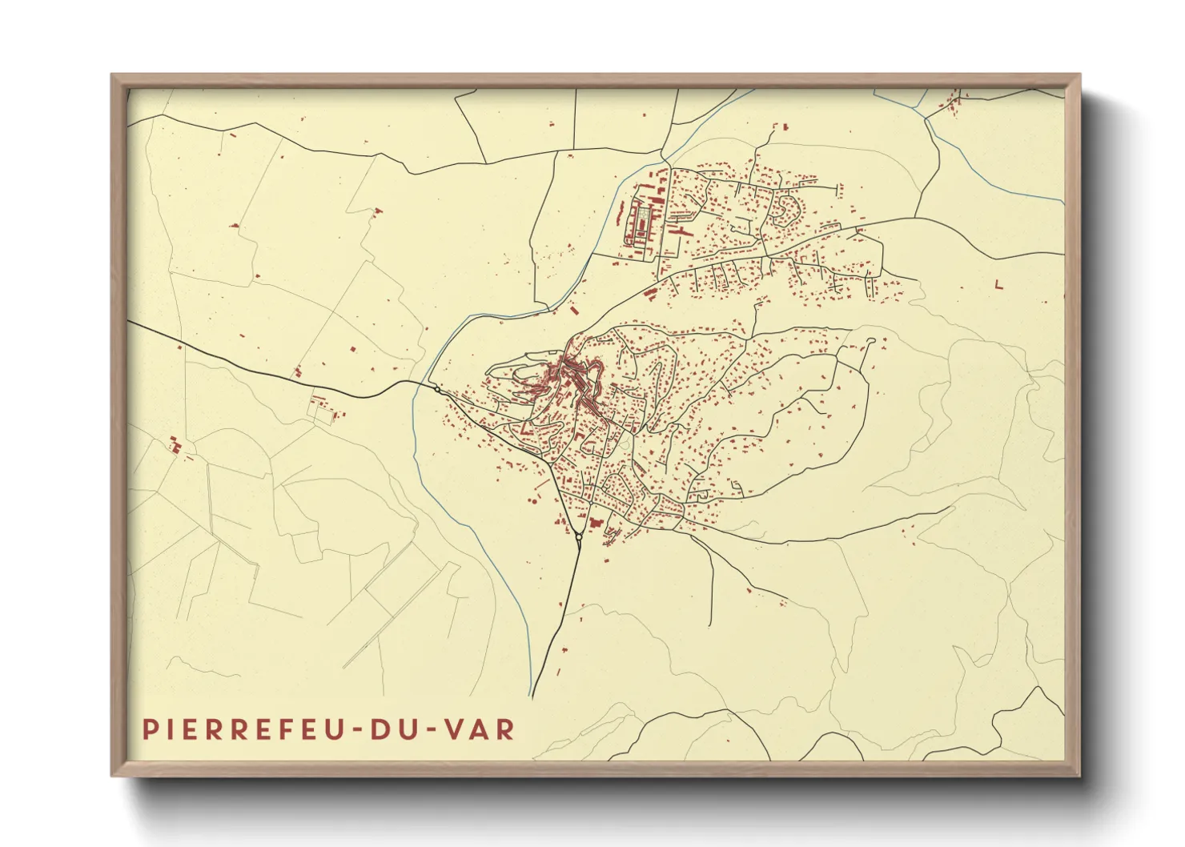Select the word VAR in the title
tap(480, 729)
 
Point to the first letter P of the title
tap(150, 729)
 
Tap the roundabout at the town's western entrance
tap(436, 389)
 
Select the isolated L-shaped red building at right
tap(998, 284)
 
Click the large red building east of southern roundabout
tap(595, 522)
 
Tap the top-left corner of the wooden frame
tap(112, 75)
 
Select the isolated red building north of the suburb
tap(784, 126)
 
